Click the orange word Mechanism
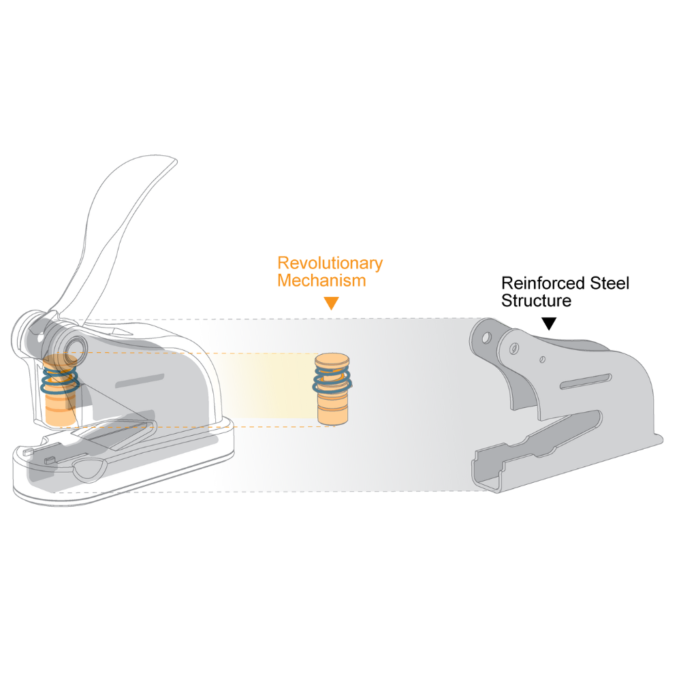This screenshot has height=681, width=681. (322, 281)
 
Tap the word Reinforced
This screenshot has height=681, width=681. (543, 283)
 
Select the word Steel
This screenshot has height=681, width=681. (609, 283)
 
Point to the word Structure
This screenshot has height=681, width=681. (537, 300)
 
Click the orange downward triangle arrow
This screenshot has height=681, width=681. (332, 303)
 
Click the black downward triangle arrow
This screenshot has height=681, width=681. (549, 323)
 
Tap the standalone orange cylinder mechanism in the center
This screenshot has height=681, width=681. (332, 389)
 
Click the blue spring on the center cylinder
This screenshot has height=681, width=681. (332, 379)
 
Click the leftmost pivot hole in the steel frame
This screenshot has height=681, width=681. (486, 337)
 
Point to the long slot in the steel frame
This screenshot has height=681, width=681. (586, 381)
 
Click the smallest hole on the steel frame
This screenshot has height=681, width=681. (543, 360)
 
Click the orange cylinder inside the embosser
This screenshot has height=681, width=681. (61, 390)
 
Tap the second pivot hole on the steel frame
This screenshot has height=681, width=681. (513, 348)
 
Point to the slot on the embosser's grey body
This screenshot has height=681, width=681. (140, 381)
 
